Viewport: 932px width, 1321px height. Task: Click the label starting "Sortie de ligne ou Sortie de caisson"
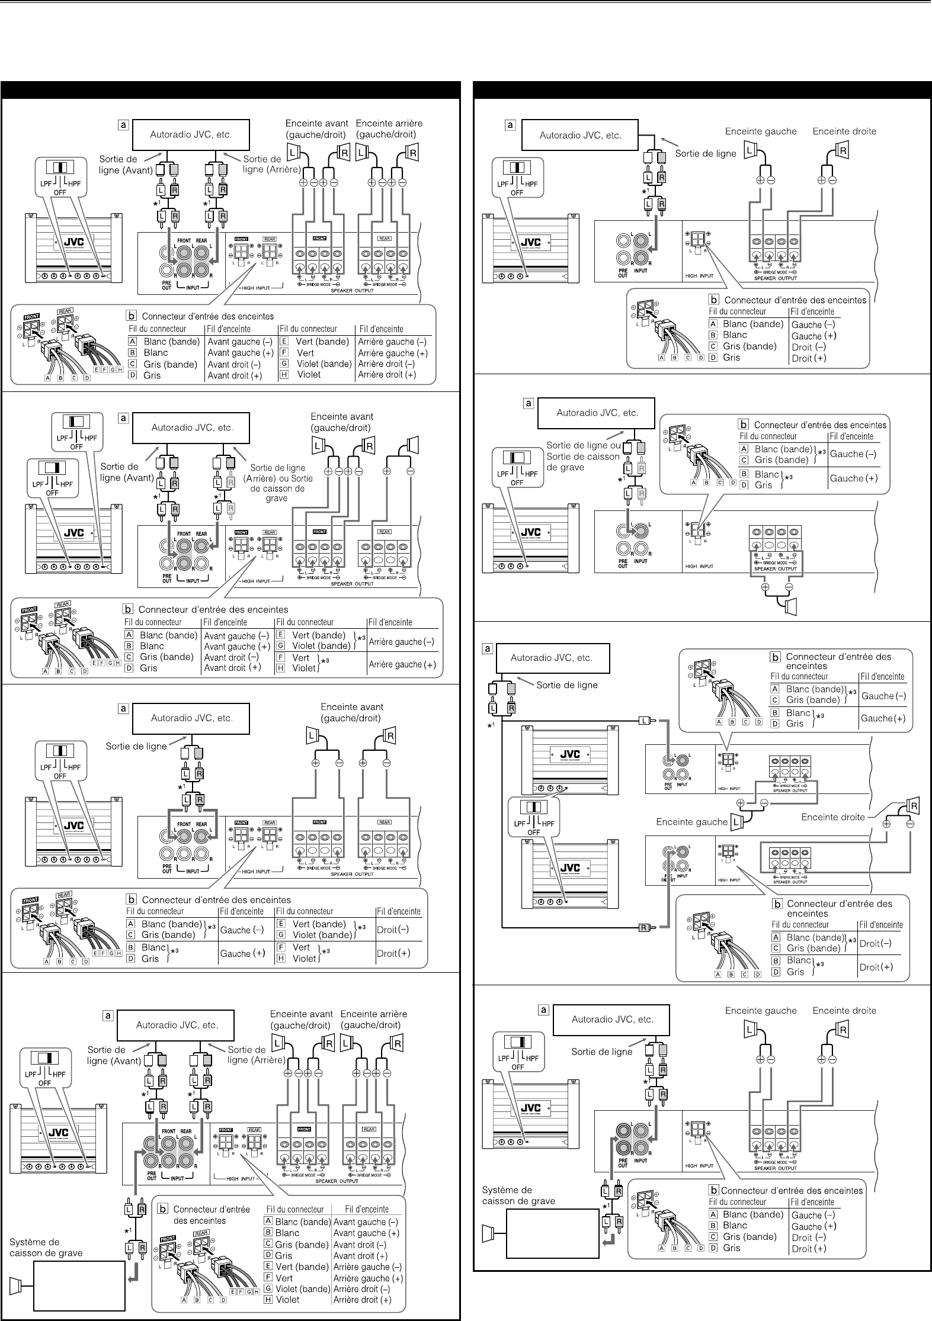pos(582,456)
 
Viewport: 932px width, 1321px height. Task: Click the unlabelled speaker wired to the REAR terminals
pos(412,444)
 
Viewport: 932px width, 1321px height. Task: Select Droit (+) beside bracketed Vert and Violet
pos(392,953)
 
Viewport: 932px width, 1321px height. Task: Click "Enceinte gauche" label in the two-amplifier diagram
pos(691,822)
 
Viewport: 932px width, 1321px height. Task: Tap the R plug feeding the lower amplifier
pos(643,927)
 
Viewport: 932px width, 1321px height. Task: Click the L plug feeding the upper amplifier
pos(644,721)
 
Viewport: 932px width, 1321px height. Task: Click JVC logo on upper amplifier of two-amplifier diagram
pos(571,754)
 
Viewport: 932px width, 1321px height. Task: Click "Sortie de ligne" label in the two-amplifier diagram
pos(566,685)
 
